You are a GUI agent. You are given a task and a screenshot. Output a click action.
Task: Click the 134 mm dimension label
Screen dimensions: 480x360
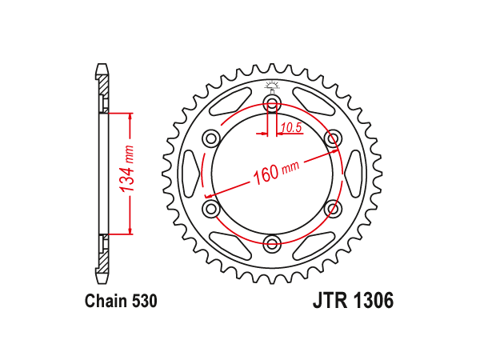tap(127, 169)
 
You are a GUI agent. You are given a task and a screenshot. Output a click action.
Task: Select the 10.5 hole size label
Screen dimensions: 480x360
tap(291, 128)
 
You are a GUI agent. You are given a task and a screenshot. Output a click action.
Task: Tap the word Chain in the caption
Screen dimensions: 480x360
tap(106, 301)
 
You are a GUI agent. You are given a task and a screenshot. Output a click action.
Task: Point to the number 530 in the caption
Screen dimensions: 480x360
tap(145, 301)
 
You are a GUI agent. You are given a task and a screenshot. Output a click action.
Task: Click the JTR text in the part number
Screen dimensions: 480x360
tap(330, 300)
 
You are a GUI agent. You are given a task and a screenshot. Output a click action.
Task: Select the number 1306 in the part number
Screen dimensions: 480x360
tap(373, 300)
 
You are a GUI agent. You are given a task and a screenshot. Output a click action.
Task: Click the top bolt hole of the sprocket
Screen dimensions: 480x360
tap(272, 102)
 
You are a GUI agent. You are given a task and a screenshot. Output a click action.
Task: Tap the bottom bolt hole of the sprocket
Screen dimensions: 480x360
tap(272, 244)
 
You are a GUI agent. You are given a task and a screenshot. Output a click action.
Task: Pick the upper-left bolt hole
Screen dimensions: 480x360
tap(211, 138)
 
